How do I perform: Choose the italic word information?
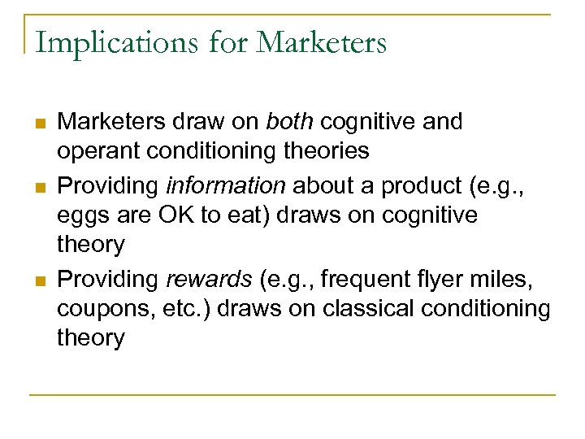(x=226, y=185)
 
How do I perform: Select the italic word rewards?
(x=208, y=279)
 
